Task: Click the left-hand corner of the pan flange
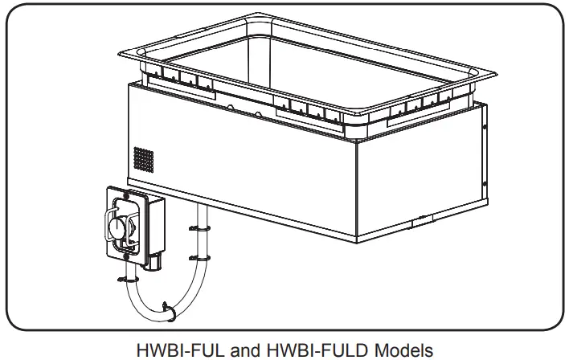coord(121,55)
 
